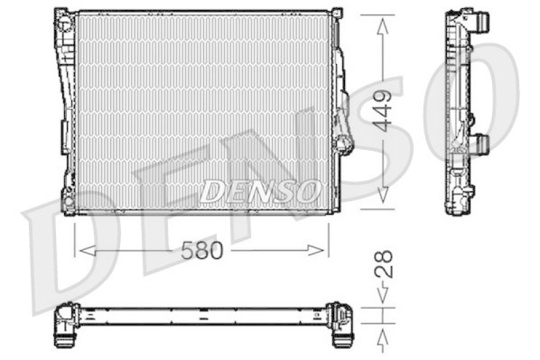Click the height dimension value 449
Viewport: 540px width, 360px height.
click(383, 111)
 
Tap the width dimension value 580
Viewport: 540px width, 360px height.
click(201, 251)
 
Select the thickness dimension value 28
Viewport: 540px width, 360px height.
click(383, 265)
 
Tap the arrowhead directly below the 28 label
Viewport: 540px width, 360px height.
click(383, 294)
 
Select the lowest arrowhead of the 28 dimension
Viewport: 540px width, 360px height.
click(383, 336)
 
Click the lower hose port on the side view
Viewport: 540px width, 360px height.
click(481, 143)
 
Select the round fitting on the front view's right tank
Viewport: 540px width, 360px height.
click(344, 143)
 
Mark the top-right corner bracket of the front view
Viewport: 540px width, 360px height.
click(336, 14)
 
